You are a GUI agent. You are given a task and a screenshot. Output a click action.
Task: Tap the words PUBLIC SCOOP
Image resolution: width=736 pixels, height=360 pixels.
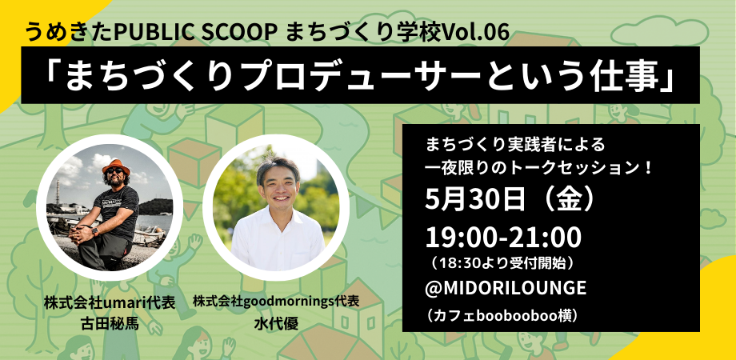coord(195,32)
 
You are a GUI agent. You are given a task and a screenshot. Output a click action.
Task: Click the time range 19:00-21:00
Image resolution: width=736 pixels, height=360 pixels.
coord(504,238)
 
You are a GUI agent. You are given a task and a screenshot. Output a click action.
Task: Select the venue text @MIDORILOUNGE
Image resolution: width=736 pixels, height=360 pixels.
coord(506,287)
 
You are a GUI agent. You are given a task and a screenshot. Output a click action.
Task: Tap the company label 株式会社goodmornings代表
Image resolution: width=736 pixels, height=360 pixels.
coord(276,302)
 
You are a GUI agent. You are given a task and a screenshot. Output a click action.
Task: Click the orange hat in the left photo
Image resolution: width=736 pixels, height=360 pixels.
coord(115,166)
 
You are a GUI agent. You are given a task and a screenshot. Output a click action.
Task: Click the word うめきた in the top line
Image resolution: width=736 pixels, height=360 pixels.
coord(69,32)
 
